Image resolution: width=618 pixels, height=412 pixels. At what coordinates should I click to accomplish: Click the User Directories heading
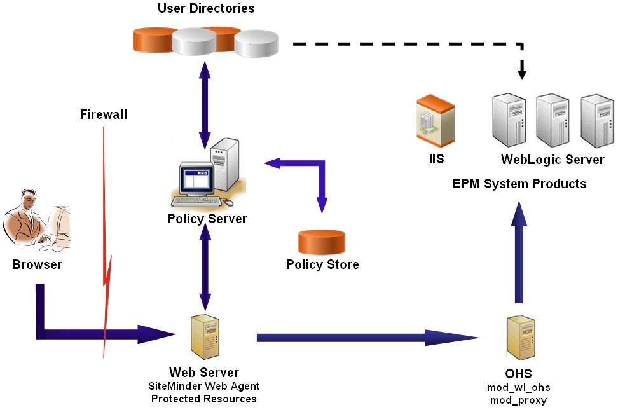[x=206, y=9]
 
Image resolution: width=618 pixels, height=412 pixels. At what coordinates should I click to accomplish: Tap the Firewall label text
[x=104, y=115]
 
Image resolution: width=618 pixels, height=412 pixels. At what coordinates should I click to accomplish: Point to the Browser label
[x=37, y=264]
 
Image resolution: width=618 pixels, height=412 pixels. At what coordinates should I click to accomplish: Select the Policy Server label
[x=207, y=219]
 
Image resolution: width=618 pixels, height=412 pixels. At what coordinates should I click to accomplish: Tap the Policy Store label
[x=322, y=264]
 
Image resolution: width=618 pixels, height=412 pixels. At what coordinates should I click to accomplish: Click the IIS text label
[x=436, y=159]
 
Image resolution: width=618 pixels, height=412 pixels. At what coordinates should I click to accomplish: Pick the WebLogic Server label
[x=553, y=160]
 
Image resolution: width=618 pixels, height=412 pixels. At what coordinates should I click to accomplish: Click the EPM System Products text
[x=519, y=184]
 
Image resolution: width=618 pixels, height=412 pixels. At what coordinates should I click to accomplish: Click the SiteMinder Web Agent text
[x=204, y=386]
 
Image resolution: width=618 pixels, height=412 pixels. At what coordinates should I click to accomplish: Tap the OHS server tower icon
[x=519, y=338]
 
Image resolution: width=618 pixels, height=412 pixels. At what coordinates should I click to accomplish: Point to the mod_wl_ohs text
[x=519, y=388]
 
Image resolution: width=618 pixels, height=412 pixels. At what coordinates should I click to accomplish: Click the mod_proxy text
[x=519, y=401]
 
